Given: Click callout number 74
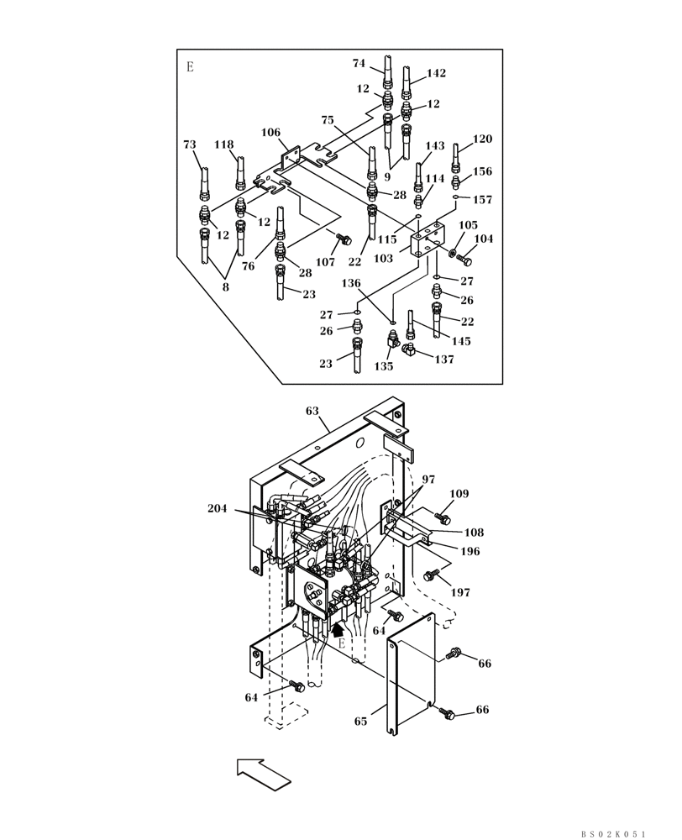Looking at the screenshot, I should tap(359, 63).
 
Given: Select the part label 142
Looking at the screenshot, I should tap(436, 73).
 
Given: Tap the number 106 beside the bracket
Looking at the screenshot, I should tap(270, 133).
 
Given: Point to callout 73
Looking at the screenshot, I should tap(190, 144).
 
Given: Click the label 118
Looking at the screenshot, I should tap(223, 144).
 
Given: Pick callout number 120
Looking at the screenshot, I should tap(482, 139).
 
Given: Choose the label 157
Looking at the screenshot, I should tap(482, 200).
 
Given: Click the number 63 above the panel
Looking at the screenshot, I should tap(312, 411).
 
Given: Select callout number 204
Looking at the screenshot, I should tap(218, 508).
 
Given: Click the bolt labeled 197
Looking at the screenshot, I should tap(432, 575).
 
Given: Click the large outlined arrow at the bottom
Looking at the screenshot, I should tap(264, 772).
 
